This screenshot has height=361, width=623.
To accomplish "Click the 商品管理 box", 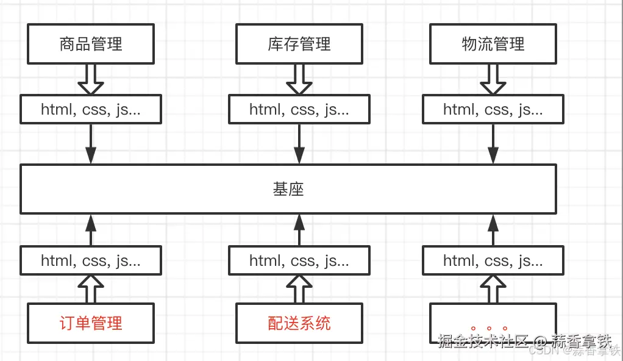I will (91, 44).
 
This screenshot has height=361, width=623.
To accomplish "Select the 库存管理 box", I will (299, 44).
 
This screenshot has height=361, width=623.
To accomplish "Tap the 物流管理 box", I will (493, 44).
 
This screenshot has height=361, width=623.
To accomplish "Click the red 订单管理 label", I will (91, 323).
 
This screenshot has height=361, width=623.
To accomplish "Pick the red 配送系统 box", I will (299, 323).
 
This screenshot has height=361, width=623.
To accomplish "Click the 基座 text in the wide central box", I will (288, 190).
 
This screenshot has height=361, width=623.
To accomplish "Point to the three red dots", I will (489, 329).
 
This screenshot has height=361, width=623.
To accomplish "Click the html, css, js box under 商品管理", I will (91, 110).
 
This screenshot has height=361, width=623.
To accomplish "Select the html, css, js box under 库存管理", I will (299, 110).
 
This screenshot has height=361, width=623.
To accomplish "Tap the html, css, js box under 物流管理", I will (493, 110).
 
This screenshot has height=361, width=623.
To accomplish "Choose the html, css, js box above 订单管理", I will (91, 261).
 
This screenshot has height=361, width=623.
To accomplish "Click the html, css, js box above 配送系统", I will (299, 261).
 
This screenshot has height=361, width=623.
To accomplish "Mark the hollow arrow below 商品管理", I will (91, 79).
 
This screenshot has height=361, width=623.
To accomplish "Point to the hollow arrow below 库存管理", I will (299, 79).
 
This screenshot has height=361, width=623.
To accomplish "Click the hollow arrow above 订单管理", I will (91, 289).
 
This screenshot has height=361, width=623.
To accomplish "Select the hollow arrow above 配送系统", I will (299, 289).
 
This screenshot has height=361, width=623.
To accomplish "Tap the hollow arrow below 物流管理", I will (493, 79).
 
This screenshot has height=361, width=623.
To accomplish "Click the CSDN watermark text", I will (539, 351).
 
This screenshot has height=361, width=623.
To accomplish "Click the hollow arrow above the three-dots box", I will (493, 289).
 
